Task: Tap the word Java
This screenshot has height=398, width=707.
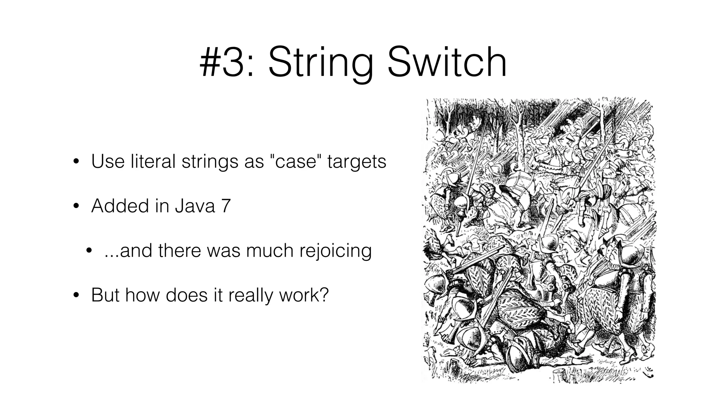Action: pos(195,206)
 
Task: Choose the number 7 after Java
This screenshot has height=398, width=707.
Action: pos(225,206)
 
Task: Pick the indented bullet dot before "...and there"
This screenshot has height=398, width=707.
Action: pos(89,251)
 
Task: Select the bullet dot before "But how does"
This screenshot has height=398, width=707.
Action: pos(76,296)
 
